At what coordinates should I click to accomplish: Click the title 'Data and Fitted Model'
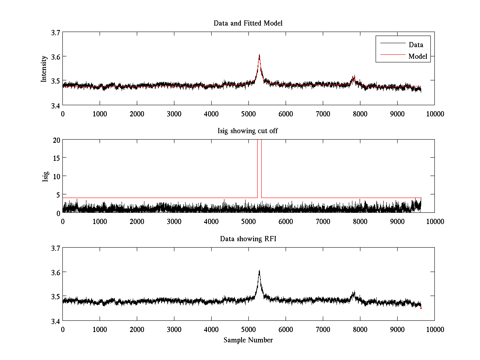(x=248, y=23)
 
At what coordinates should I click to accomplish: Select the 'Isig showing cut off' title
(x=248, y=131)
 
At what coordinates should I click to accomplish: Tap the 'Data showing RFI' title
(x=248, y=239)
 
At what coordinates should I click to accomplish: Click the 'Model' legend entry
(x=418, y=56)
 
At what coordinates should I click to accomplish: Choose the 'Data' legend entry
(x=416, y=45)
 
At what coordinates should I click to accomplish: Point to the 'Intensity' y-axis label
(x=44, y=69)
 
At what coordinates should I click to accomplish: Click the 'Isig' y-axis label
(x=46, y=176)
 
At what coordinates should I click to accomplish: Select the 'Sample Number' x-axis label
(x=248, y=340)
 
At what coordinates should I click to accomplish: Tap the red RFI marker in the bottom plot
(x=421, y=308)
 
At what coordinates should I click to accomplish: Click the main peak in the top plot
(x=259, y=56)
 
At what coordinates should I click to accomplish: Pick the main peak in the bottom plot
(x=259, y=271)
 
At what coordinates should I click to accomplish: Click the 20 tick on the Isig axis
(x=56, y=140)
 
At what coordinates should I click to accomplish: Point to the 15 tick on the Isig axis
(x=56, y=158)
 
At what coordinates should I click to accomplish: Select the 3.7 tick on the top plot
(x=55, y=32)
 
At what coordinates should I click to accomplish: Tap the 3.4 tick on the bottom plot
(x=55, y=321)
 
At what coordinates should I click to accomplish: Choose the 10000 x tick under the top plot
(x=434, y=114)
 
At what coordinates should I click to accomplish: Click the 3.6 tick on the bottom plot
(x=55, y=272)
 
